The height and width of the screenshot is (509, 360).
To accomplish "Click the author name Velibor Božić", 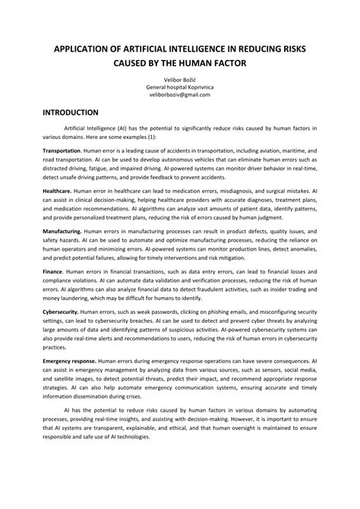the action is [x=179, y=79].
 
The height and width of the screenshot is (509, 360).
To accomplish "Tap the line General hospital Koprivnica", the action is [x=179, y=87].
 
